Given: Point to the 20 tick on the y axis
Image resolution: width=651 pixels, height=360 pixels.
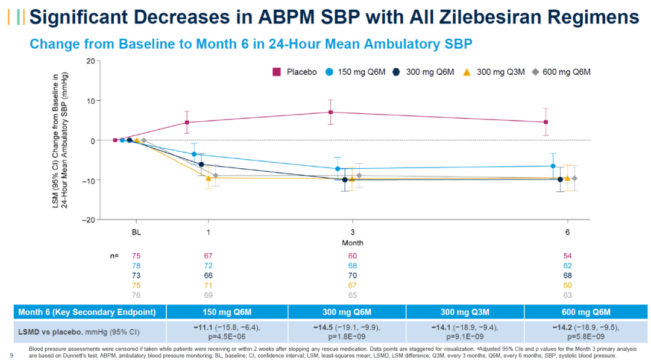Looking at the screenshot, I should click(90, 60).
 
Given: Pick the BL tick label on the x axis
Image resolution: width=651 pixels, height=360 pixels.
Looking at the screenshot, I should click(137, 232).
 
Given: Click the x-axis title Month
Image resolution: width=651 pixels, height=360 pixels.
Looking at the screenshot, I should click(353, 243).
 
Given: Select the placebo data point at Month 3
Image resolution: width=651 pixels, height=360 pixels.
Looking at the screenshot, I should click(331, 112).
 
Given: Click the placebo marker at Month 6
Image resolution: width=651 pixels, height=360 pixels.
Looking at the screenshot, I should click(546, 122).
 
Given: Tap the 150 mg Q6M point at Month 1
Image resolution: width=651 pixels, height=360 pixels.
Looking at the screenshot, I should click(194, 154).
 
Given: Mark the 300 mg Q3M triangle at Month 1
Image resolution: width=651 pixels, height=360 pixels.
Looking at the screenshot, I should click(209, 178).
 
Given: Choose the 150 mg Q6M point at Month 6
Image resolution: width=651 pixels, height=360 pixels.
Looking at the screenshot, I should click(553, 166).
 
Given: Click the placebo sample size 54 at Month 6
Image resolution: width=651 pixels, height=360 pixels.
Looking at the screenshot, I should click(567, 256).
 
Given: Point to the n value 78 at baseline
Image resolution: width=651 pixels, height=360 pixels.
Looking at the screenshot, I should click(137, 266).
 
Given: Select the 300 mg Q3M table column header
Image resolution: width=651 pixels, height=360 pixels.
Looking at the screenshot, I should click(465, 312).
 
